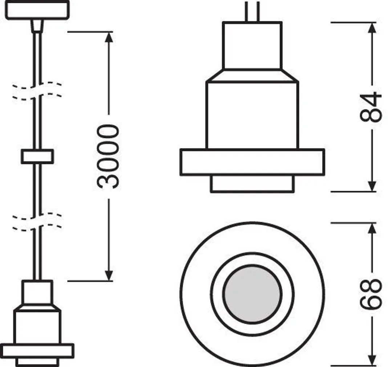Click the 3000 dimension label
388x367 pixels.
(108, 156)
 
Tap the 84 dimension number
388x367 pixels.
(371, 107)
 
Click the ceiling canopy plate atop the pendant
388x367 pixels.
(37, 10)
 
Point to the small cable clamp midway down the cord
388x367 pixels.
(37, 157)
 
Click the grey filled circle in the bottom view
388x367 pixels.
(252, 294)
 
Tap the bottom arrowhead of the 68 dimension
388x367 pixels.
(372, 360)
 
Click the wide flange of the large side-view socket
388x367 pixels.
(252, 162)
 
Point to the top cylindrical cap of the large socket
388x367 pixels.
(252, 45)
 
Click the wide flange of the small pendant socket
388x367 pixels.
(37, 351)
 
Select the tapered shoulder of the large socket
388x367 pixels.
(252, 76)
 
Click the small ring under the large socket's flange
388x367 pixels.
(252, 183)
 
